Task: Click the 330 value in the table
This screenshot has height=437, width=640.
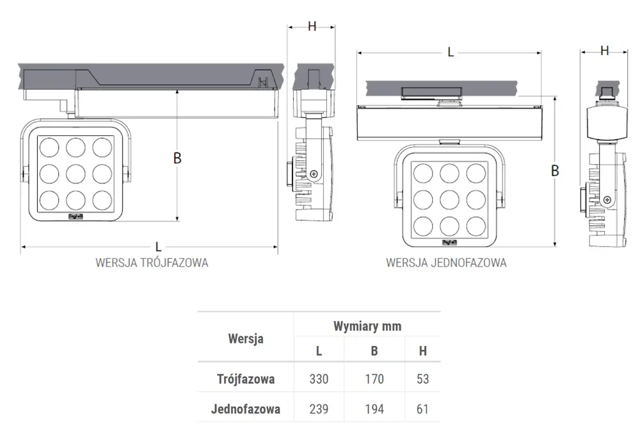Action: pyautogui.click(x=319, y=379)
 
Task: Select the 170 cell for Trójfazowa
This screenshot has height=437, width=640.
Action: pyautogui.click(x=374, y=379)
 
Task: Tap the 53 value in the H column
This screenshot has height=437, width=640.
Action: pyautogui.click(x=422, y=379)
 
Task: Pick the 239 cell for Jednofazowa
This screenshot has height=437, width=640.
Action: pyautogui.click(x=319, y=409)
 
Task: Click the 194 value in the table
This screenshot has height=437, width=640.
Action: pyautogui.click(x=374, y=409)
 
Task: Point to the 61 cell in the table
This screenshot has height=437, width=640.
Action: pyautogui.click(x=422, y=409)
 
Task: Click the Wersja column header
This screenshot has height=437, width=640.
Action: pyautogui.click(x=246, y=339)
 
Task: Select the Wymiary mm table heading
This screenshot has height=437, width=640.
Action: pyautogui.click(x=367, y=326)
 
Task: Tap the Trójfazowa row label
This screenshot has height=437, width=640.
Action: pyautogui.click(x=246, y=379)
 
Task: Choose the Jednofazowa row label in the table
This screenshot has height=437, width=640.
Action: pyautogui.click(x=246, y=409)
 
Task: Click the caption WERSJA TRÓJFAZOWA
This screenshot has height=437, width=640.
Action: pyautogui.click(x=152, y=263)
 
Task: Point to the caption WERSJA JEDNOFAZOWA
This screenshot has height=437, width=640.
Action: pyautogui.click(x=446, y=263)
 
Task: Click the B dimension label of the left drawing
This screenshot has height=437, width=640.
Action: pyautogui.click(x=177, y=158)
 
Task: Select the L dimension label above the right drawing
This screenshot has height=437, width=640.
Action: pyautogui.click(x=451, y=53)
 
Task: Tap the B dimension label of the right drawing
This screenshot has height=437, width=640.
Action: pyautogui.click(x=555, y=170)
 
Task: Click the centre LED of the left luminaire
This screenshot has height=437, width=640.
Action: pyautogui.click(x=76, y=172)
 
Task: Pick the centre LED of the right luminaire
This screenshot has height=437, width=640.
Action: pyautogui.click(x=449, y=199)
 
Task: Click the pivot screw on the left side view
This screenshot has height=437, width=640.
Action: pyautogui.click(x=313, y=174)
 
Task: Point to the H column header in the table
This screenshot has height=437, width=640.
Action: pyautogui.click(x=422, y=350)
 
